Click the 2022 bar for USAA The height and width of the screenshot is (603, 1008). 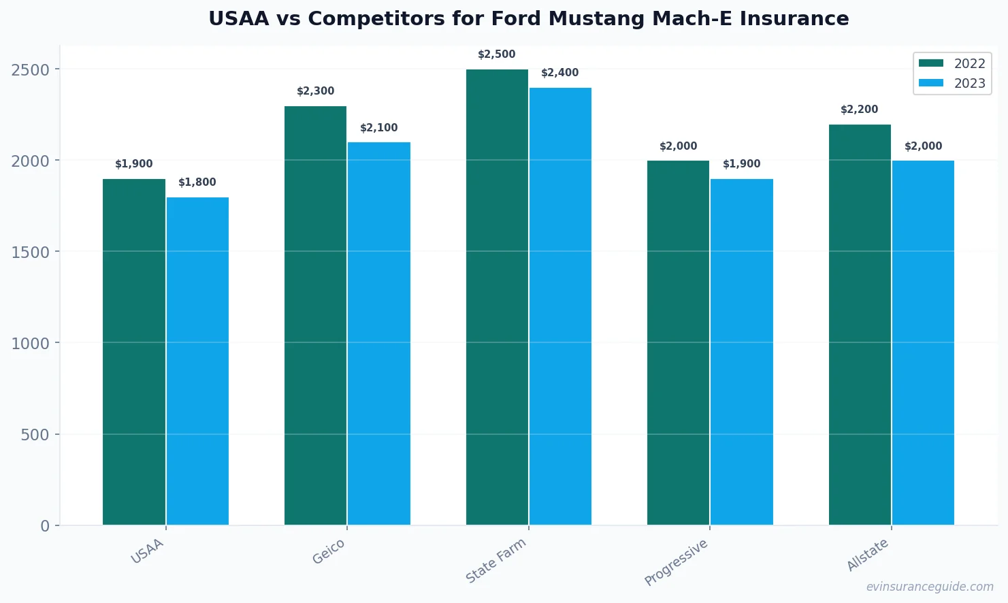click(134, 352)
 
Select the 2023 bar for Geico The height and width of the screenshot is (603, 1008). click(379, 333)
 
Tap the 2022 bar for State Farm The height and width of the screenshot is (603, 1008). click(497, 297)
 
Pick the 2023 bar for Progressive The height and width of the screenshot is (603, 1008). click(742, 352)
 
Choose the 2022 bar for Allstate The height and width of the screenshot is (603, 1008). click(860, 325)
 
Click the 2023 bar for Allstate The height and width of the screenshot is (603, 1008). click(923, 342)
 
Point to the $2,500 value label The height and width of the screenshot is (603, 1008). click(497, 54)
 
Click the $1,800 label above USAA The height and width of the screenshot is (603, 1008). click(197, 182)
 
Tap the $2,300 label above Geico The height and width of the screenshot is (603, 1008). click(316, 91)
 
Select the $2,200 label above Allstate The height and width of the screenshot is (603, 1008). click(860, 110)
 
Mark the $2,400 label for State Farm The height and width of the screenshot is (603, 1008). click(560, 73)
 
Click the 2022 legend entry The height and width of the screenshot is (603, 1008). click(952, 63)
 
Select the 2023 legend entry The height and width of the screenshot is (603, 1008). click(952, 83)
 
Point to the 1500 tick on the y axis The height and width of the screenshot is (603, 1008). click(31, 252)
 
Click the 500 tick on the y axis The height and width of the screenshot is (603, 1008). click(35, 435)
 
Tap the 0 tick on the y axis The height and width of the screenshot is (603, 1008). click(45, 526)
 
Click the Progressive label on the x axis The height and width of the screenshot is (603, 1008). click(677, 562)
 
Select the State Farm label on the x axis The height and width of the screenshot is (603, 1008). click(496, 561)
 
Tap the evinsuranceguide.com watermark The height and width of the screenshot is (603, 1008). click(930, 587)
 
